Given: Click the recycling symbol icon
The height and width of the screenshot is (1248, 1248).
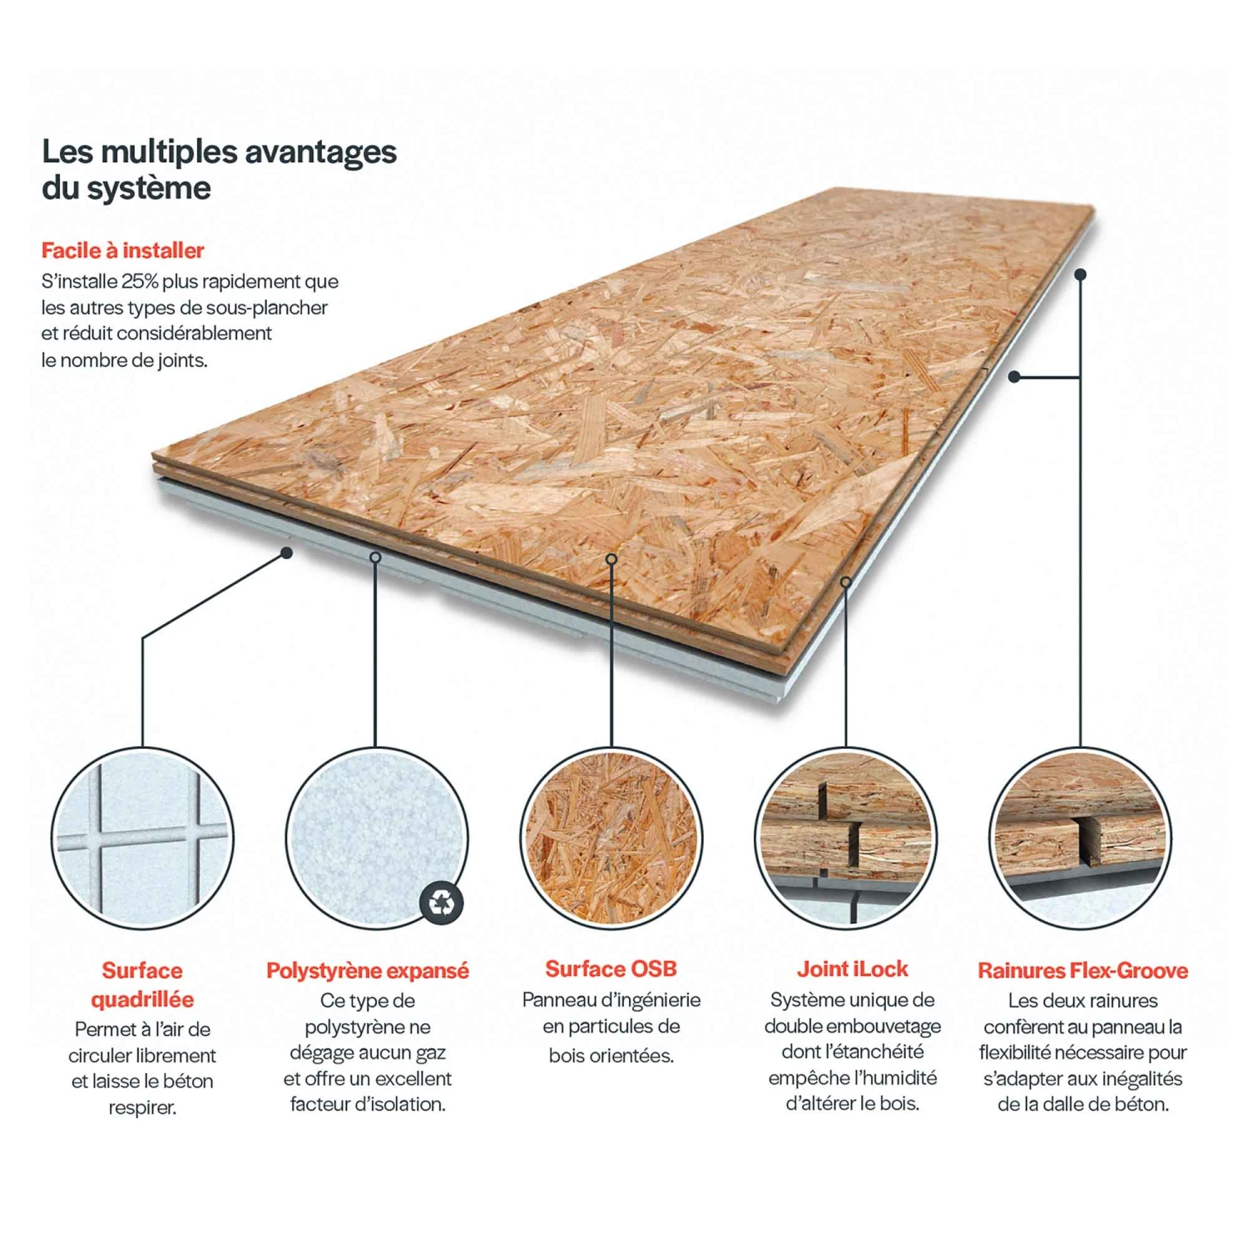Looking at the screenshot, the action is [442, 902].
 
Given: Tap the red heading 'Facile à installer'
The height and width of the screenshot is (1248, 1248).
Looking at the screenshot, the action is [123, 250].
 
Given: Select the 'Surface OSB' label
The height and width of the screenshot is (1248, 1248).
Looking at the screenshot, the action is [611, 969].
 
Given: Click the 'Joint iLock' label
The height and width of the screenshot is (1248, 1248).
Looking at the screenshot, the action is [853, 969].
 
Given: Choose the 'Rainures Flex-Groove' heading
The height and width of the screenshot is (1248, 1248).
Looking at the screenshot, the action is [1082, 970].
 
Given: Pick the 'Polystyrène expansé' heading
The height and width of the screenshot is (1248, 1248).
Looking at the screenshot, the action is [368, 971].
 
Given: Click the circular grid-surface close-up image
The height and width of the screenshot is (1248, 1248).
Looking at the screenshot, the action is [142, 838].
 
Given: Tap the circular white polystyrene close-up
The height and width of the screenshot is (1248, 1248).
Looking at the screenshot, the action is [376, 838].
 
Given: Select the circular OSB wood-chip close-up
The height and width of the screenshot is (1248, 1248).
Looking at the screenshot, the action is [612, 838].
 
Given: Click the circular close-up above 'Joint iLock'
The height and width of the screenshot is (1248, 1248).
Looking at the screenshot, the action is [846, 838].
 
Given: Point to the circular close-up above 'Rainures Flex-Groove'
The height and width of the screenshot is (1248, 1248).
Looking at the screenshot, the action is [1081, 838].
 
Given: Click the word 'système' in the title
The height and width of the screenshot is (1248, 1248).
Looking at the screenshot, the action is [149, 188].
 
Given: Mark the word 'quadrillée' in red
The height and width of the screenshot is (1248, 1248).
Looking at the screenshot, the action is [142, 999].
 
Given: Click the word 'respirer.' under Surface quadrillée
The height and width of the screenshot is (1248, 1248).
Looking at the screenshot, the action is [142, 1108].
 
